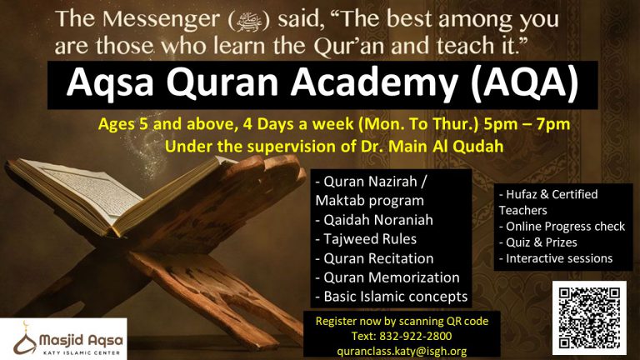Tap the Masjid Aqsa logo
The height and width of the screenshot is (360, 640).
tap(63, 338)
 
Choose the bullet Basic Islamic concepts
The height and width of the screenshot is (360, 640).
tap(391, 296)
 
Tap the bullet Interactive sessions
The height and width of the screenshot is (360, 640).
tap(556, 258)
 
